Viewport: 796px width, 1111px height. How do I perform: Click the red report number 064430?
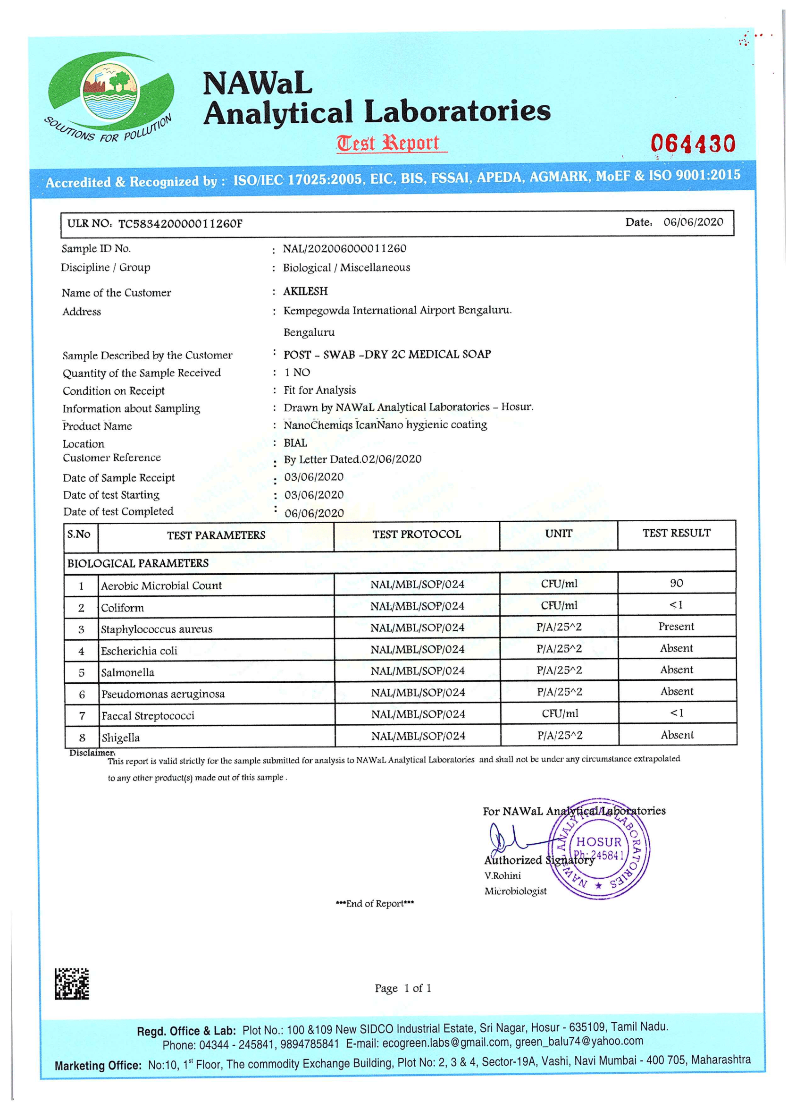[692, 144]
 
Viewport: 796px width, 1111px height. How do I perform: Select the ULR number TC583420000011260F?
[180, 224]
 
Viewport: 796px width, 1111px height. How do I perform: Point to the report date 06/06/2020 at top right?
[693, 222]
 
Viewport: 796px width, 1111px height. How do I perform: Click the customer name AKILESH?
[305, 291]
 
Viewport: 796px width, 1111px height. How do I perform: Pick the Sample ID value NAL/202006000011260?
[344, 248]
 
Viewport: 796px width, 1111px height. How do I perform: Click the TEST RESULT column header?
[676, 533]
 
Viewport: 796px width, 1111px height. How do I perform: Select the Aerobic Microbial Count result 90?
[676, 583]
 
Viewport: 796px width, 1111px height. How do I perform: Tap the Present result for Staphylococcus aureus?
[676, 627]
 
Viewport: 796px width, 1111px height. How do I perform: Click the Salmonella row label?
[128, 672]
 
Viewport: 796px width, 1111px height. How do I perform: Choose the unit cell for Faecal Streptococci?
[560, 714]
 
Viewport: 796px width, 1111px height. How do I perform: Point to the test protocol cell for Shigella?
[418, 736]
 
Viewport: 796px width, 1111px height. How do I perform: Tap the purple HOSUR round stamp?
[600, 849]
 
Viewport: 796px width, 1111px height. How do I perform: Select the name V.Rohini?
[502, 875]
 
